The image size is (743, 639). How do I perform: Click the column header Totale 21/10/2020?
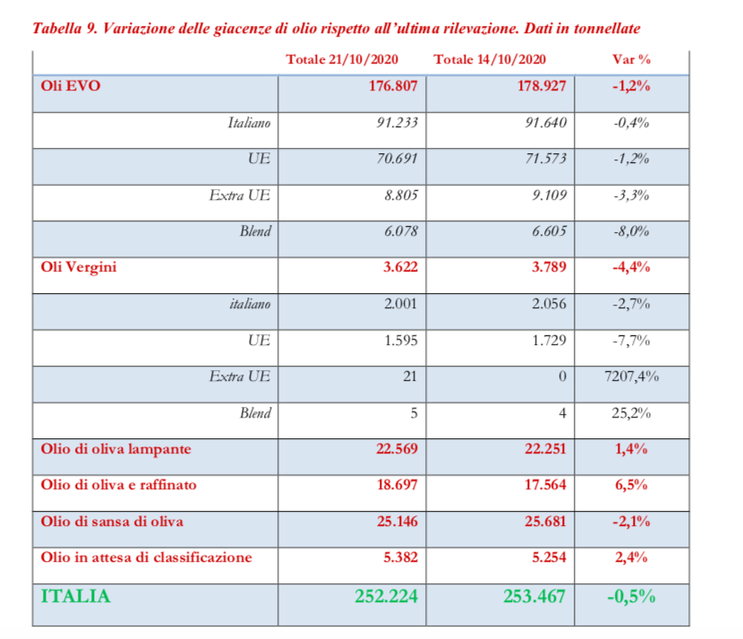(342, 60)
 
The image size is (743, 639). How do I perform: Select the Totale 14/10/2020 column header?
(490, 60)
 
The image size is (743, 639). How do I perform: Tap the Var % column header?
(631, 60)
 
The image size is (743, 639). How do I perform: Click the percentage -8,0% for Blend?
(631, 231)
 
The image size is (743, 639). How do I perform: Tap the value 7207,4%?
(632, 376)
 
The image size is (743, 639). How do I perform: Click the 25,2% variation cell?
(632, 413)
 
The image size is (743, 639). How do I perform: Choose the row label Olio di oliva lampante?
(116, 449)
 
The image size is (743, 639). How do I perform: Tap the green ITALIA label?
(76, 596)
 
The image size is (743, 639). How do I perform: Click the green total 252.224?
(381, 596)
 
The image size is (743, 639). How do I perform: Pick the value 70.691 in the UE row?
(396, 160)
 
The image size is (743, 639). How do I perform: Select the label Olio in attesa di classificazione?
(147, 557)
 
